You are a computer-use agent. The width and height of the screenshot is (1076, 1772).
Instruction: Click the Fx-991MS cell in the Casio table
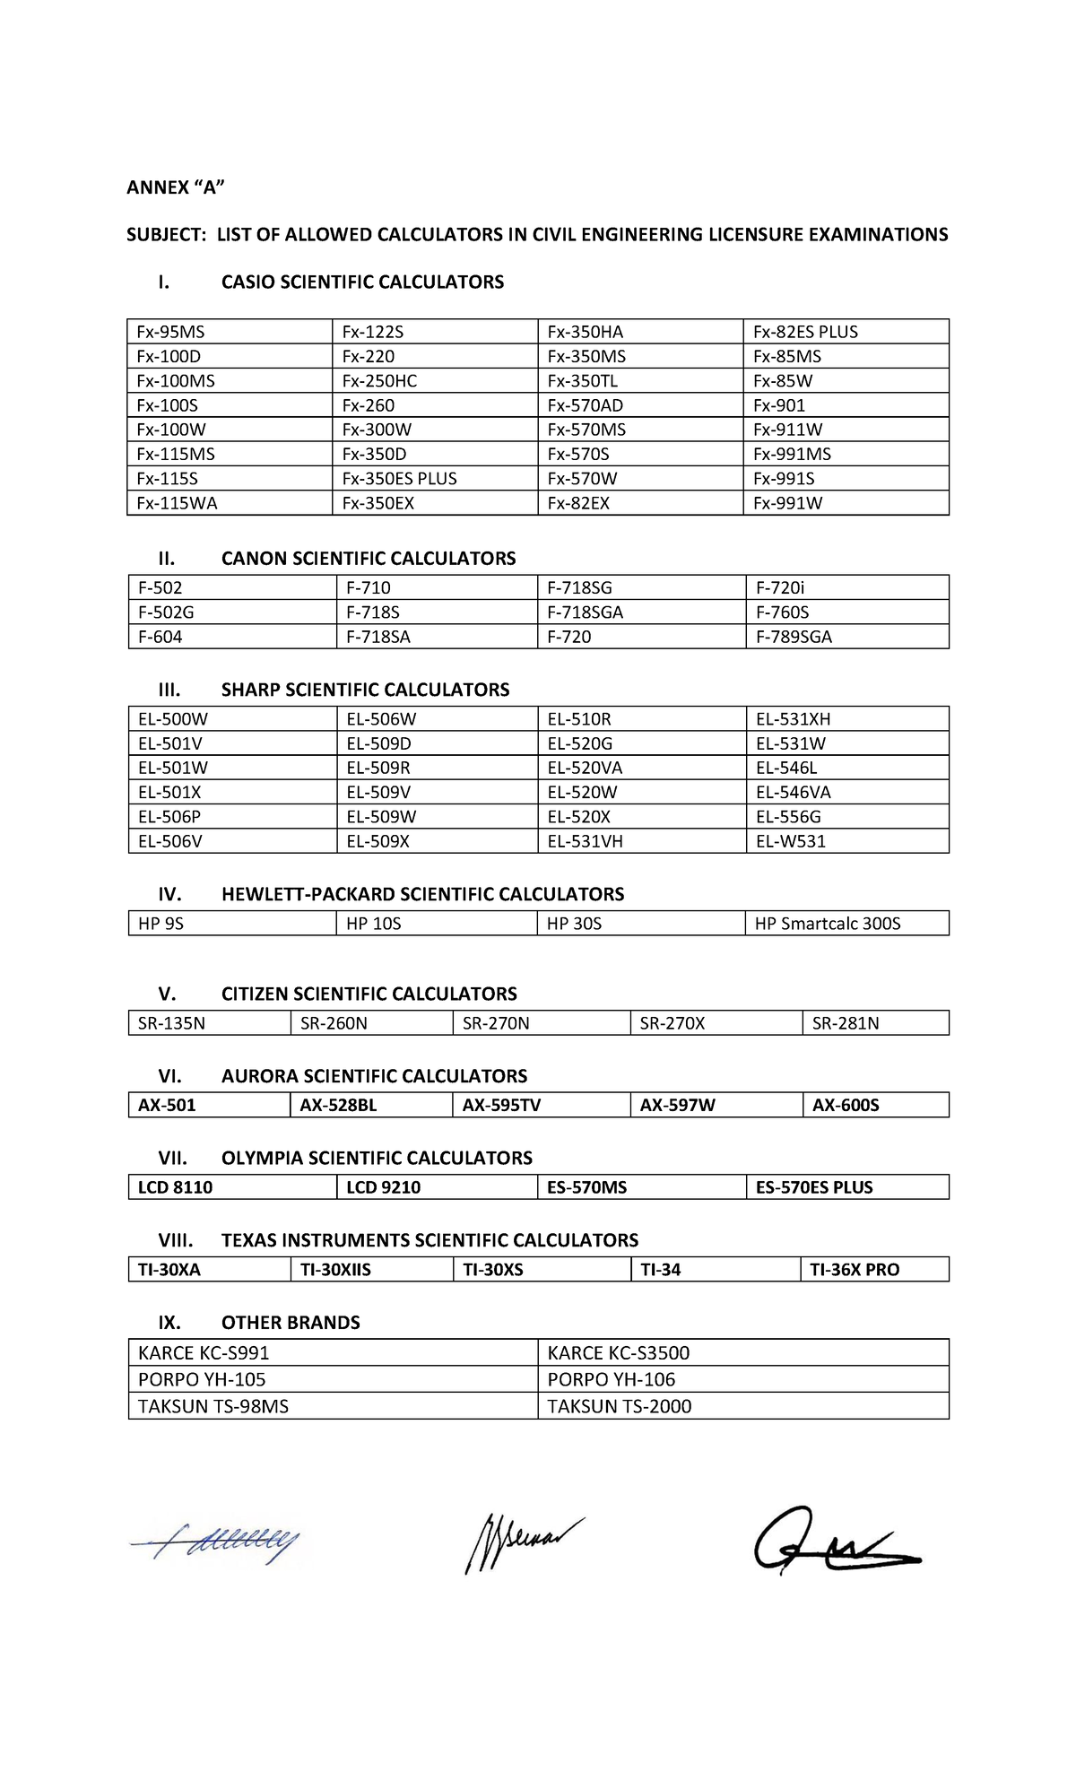(792, 454)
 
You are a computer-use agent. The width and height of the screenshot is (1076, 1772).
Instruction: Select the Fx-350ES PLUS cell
(399, 479)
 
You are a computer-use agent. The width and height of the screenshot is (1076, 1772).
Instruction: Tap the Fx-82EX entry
(578, 503)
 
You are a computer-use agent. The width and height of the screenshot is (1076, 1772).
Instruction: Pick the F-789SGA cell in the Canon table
(794, 637)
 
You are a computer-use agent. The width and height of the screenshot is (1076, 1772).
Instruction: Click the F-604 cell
(161, 637)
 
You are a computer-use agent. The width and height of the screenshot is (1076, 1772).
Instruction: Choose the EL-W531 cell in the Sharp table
(790, 841)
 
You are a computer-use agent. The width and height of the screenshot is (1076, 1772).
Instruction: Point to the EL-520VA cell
(585, 768)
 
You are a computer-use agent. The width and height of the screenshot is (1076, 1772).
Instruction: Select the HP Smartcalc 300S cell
(827, 924)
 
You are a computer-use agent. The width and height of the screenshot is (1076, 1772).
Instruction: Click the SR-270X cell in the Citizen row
(672, 1023)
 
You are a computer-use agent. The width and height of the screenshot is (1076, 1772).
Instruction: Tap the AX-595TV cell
(501, 1105)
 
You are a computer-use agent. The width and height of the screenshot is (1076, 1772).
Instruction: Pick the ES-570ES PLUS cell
(813, 1187)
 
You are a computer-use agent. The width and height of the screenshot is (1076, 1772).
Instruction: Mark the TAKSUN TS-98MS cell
(213, 1406)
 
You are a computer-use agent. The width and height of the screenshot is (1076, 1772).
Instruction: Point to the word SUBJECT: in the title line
(165, 235)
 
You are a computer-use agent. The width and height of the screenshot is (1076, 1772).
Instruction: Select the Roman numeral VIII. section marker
(175, 1240)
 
